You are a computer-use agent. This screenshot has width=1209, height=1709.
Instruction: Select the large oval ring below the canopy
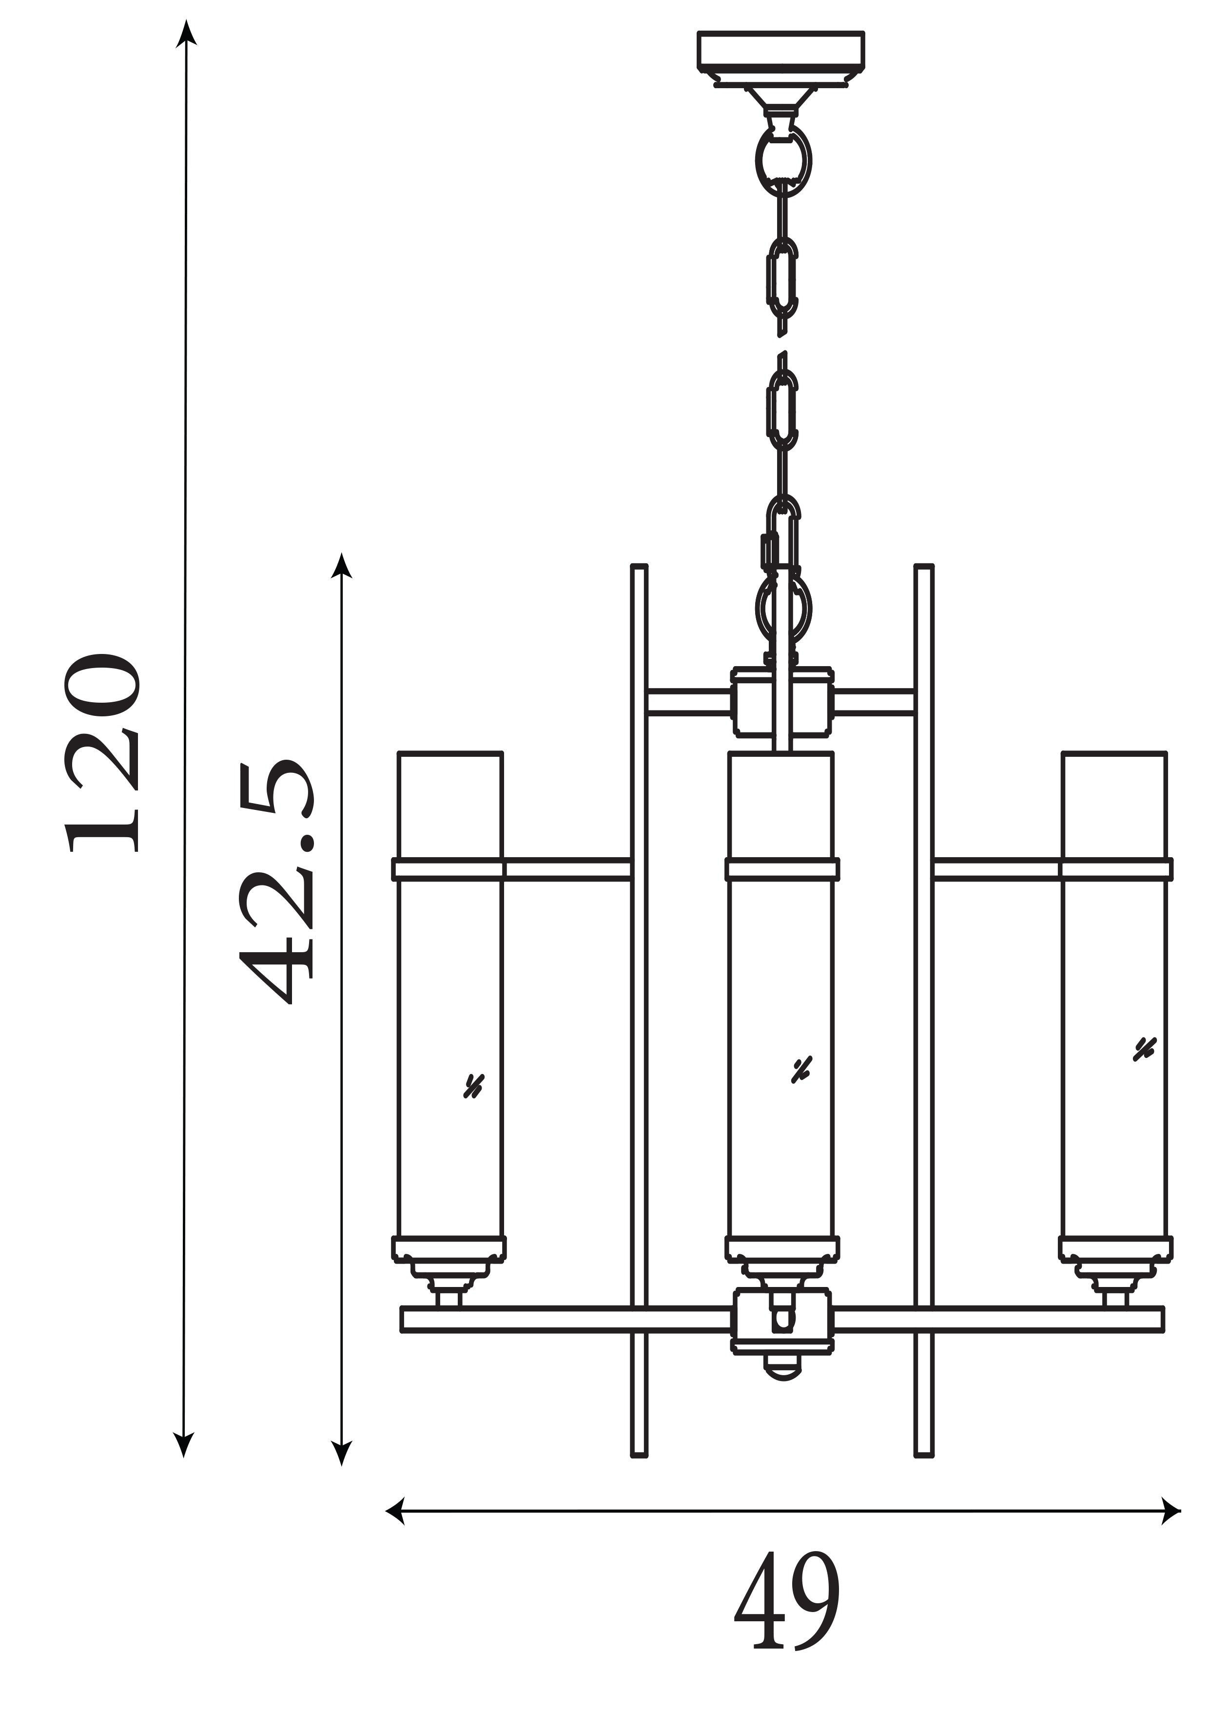783,161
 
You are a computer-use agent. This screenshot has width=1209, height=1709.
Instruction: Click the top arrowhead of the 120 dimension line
186,34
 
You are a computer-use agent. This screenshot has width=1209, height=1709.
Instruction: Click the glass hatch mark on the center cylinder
801,1070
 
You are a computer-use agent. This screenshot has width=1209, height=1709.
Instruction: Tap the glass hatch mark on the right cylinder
1144,1049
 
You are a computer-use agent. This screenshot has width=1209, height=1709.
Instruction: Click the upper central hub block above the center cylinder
781,701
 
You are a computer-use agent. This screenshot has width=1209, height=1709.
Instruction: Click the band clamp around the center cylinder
781,869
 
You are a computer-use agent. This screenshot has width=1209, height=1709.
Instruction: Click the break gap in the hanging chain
781,344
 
